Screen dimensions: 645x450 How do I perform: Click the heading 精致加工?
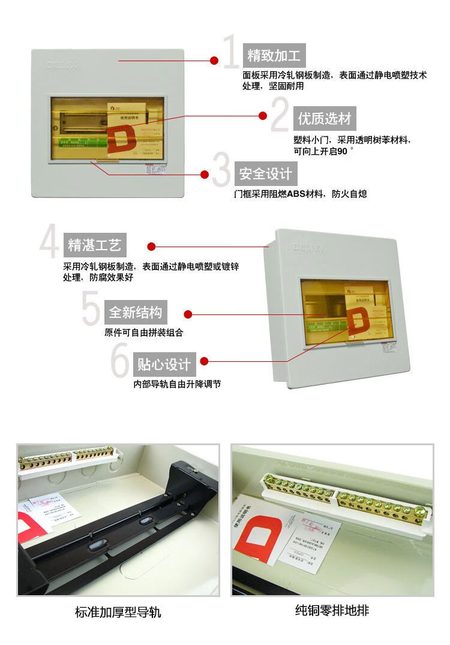pyautogui.click(x=274, y=56)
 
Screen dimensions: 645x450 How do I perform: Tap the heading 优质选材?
pyautogui.click(x=325, y=118)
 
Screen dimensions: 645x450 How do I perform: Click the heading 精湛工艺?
pyautogui.click(x=95, y=245)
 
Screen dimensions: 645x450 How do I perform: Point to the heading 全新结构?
pyautogui.click(x=135, y=313)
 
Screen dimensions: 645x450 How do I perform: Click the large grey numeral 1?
pyautogui.click(x=231, y=53)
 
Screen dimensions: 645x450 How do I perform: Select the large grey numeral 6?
pyautogui.click(x=121, y=360)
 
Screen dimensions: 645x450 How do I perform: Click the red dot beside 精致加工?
pyautogui.click(x=214, y=61)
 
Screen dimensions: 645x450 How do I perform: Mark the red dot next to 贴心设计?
pyautogui.click(x=204, y=361)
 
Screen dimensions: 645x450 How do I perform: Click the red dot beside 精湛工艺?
pyautogui.click(x=151, y=246)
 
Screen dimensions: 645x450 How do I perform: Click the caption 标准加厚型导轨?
pyautogui.click(x=118, y=613)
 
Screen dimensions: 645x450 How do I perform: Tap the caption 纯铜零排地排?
pyautogui.click(x=332, y=611)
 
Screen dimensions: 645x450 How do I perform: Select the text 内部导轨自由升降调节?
pyautogui.click(x=177, y=383)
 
